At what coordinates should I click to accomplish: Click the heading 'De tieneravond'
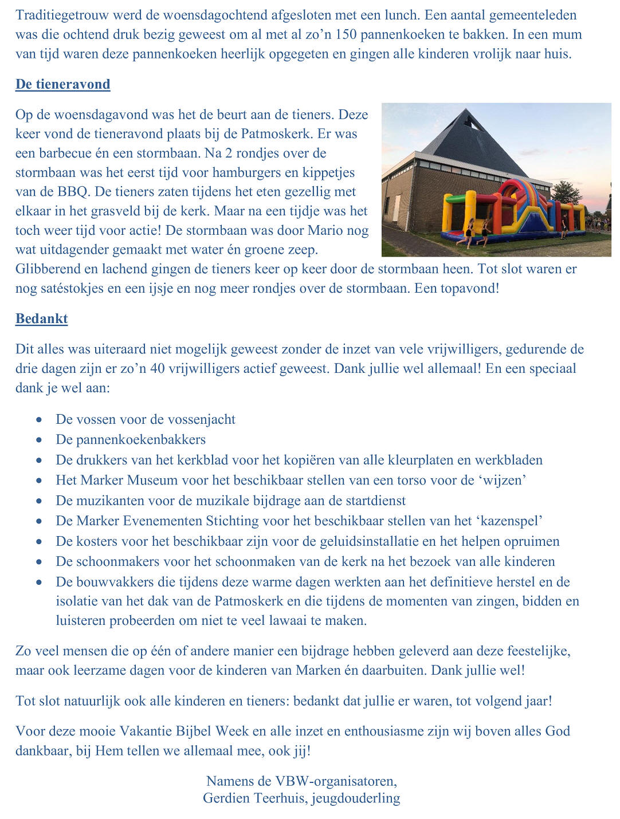coord(63,84)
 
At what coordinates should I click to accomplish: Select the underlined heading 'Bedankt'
coord(42,318)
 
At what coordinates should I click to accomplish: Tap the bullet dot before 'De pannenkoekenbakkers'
coord(39,440)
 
